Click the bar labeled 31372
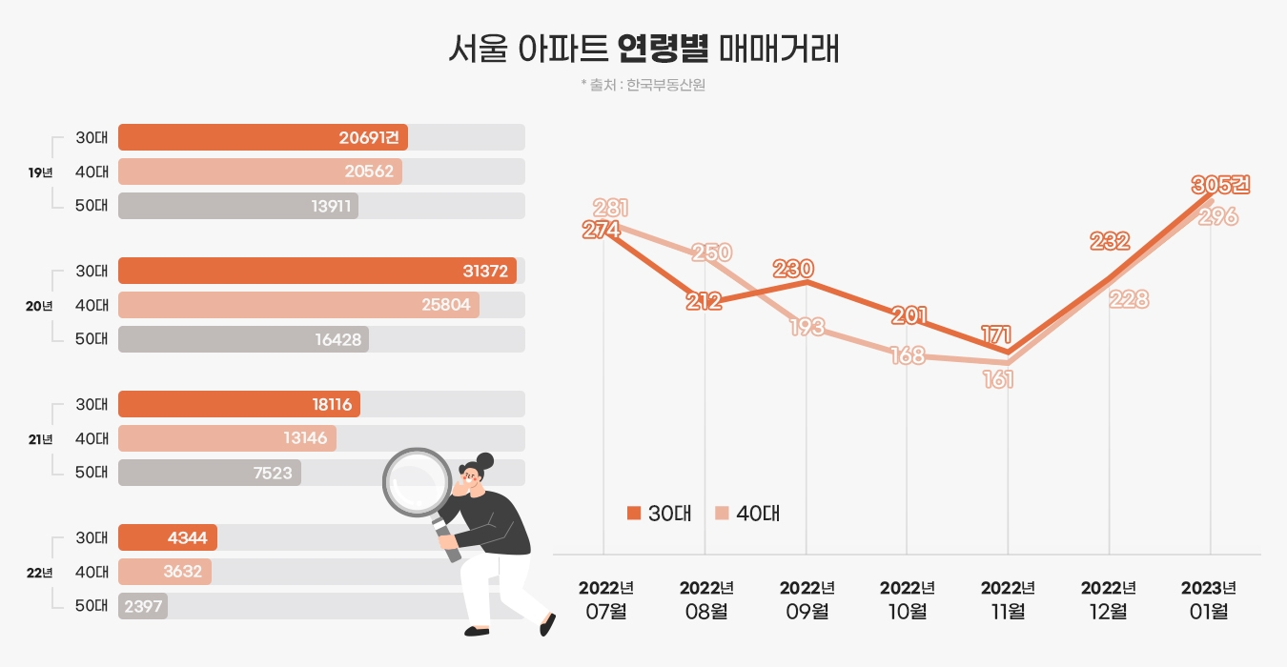[x=317, y=271]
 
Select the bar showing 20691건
[x=263, y=137]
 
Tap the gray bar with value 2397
[x=143, y=606]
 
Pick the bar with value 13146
[x=227, y=438]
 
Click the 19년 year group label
[x=40, y=172]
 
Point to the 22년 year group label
[x=40, y=573]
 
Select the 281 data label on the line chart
[x=609, y=208]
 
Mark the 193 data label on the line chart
[x=807, y=327]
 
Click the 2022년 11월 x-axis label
[x=1008, y=599]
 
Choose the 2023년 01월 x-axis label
[x=1209, y=599]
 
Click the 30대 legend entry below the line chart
[x=659, y=513]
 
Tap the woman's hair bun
[x=485, y=460]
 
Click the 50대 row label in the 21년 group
[x=92, y=472]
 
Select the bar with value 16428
[x=243, y=339]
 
